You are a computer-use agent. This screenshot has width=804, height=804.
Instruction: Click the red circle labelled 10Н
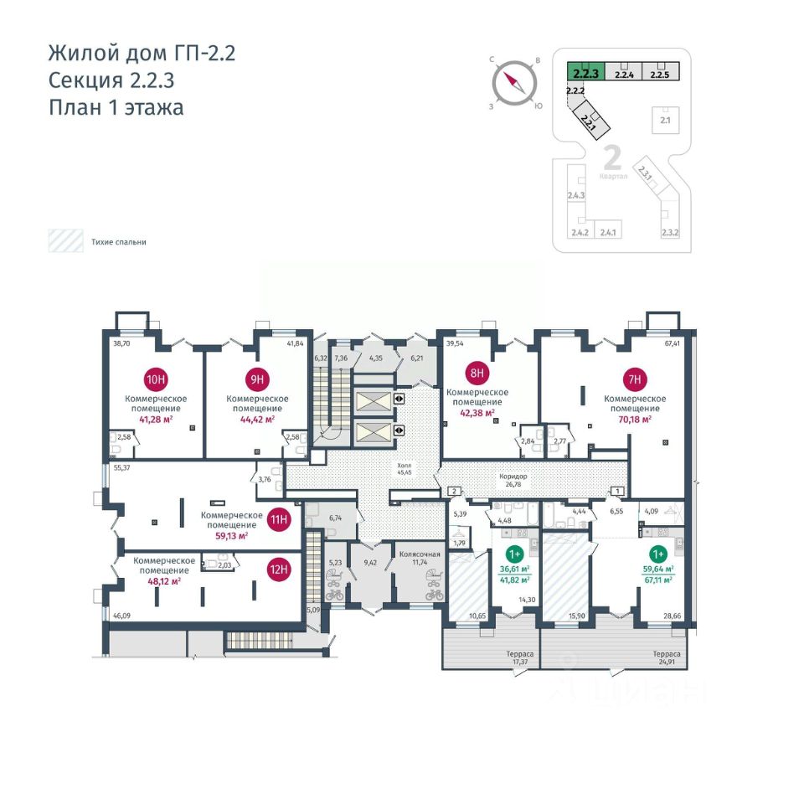pos(156,377)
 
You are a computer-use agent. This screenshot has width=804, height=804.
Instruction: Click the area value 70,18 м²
pos(635,420)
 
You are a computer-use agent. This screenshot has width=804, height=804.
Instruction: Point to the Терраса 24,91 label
pos(667,658)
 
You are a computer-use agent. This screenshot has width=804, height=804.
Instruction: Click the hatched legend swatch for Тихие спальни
pos(64,242)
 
